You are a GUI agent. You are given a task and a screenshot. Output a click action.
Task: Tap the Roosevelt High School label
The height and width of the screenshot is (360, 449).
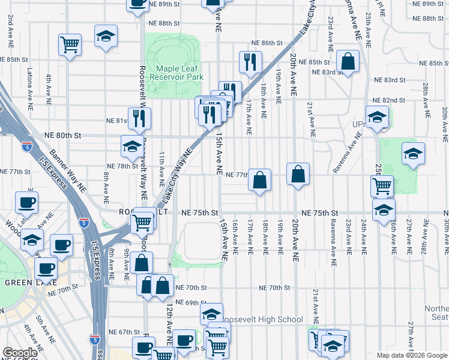[262, 320]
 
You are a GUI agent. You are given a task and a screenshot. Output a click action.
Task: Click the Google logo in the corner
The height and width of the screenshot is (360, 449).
[20, 353]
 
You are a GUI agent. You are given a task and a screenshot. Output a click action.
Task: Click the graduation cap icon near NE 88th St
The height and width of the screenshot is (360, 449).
[106, 37]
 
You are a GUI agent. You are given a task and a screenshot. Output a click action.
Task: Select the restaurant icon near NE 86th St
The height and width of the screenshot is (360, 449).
[249, 61]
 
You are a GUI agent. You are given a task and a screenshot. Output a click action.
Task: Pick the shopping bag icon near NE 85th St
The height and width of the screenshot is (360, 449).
[348, 60]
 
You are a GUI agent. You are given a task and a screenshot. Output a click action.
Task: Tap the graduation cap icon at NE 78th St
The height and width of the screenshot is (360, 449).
[132, 145]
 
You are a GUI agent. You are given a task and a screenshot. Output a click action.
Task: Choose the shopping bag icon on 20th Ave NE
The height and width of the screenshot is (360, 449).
[298, 174]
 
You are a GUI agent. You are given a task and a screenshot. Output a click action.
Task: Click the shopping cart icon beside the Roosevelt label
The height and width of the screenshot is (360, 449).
[143, 221]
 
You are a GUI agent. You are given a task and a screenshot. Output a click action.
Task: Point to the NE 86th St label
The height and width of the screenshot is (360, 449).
[267, 43]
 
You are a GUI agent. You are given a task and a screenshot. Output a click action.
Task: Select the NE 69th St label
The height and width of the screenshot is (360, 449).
[191, 303]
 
